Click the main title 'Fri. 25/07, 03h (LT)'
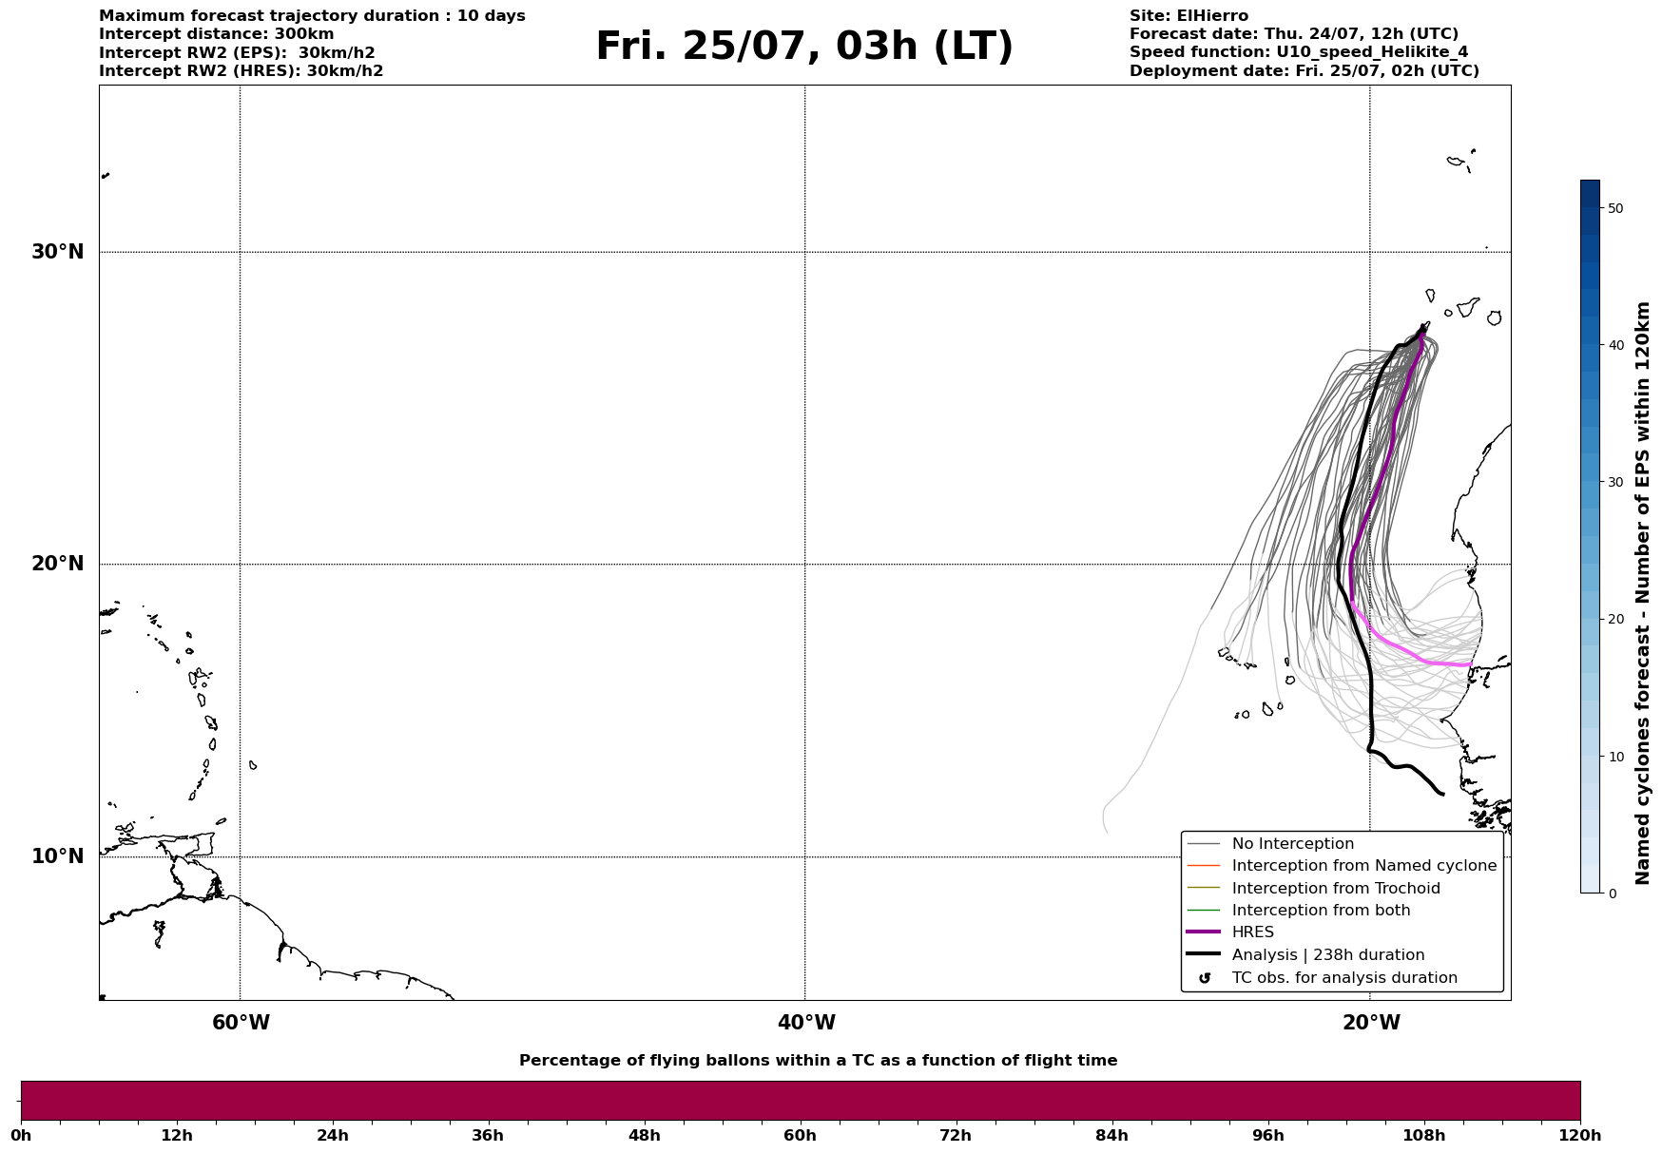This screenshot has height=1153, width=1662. (803, 47)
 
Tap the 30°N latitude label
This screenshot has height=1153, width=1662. (58, 252)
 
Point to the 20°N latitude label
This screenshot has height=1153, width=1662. (58, 564)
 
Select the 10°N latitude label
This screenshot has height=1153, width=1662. (58, 856)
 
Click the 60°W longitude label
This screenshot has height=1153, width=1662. (241, 1023)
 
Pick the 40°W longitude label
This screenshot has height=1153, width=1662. (806, 1023)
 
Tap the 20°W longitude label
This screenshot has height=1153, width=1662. (1371, 1023)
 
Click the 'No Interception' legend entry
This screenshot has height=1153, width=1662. (1292, 844)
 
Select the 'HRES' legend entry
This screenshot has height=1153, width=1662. (1252, 932)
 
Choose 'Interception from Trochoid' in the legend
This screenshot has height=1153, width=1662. (1335, 889)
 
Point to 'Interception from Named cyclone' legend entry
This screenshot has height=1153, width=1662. (1363, 866)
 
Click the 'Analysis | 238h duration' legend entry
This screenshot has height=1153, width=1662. (1327, 955)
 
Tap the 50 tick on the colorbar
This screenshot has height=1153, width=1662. (1614, 208)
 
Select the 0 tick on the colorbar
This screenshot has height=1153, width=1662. (1612, 894)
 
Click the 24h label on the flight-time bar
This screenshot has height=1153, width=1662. (333, 1136)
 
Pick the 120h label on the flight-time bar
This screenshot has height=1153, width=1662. (1580, 1136)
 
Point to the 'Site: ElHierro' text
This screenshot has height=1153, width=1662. (1189, 16)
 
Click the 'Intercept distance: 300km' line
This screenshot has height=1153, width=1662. (217, 34)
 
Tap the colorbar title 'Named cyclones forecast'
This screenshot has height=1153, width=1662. (1643, 593)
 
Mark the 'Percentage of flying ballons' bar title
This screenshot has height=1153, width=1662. (818, 1061)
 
